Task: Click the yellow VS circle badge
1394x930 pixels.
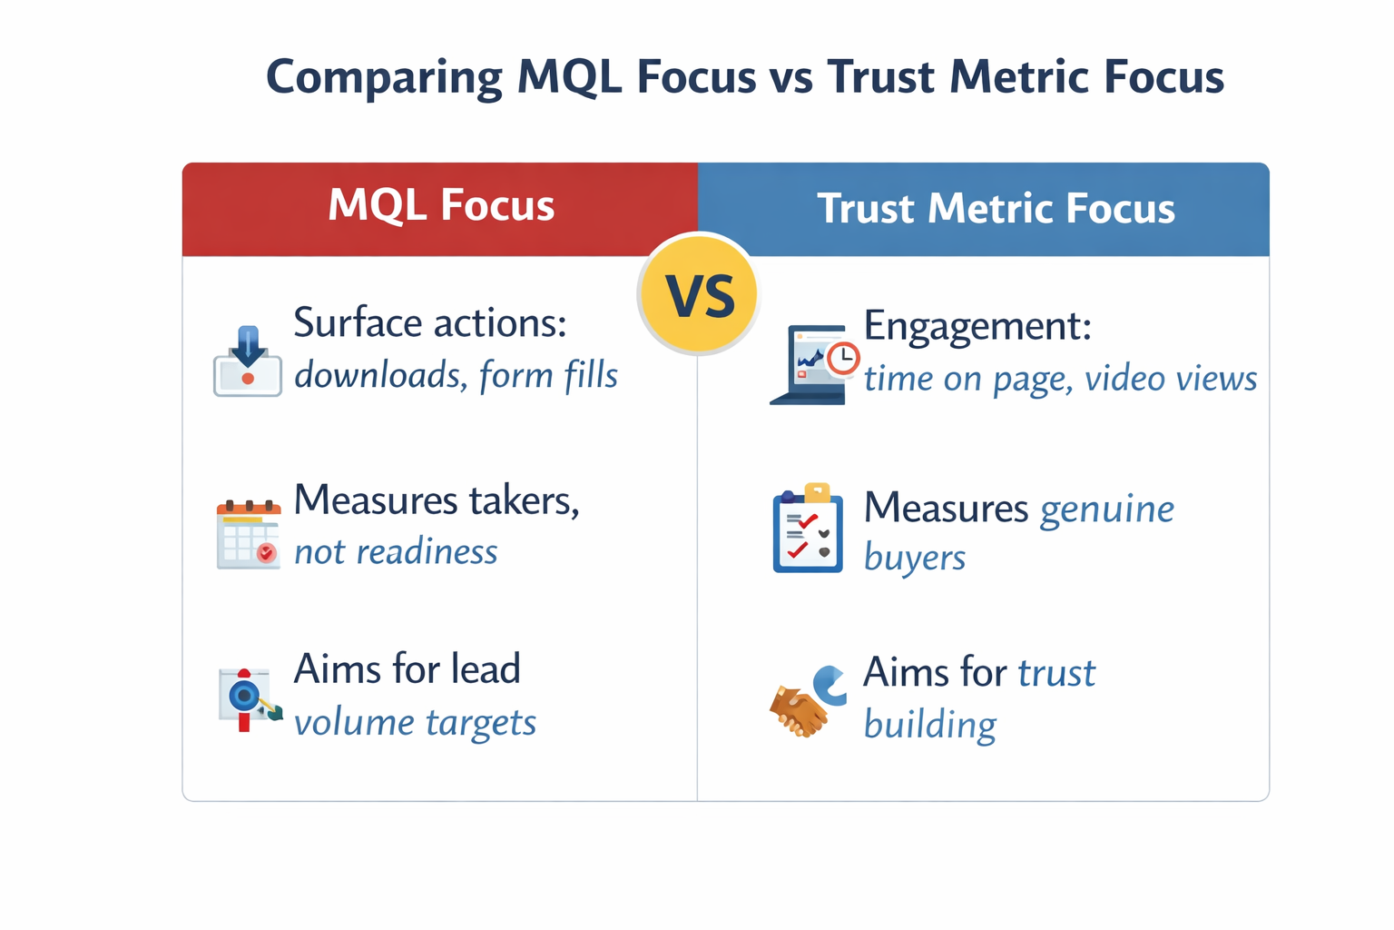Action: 698,294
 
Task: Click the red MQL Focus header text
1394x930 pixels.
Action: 441,205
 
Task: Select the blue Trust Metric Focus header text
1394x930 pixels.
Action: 996,208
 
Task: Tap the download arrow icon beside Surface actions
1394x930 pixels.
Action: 248,361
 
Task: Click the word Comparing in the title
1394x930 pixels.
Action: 384,76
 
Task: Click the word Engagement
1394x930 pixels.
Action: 977,325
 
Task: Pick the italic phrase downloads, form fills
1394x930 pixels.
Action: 456,375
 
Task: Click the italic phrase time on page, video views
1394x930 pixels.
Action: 1060,378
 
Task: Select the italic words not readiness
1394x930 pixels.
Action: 396,551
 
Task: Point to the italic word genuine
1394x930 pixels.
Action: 1106,509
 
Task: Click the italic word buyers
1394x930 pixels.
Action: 914,558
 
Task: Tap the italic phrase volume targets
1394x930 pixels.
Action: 415,723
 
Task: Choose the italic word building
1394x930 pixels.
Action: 929,725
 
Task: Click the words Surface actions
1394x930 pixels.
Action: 430,322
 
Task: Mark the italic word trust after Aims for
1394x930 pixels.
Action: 1056,673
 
